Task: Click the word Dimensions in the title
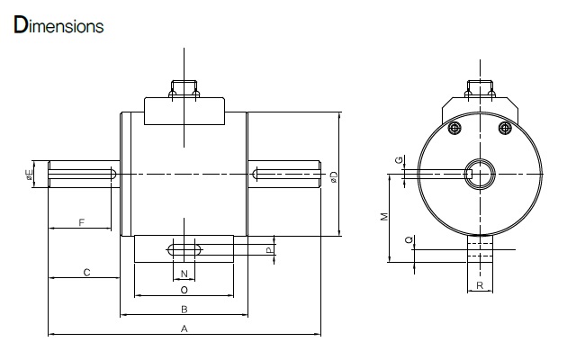tap(58, 25)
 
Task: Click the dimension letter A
tap(184, 328)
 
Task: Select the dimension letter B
tap(184, 310)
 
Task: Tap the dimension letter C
tap(86, 273)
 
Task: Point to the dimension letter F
tap(82, 222)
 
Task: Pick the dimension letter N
tap(184, 274)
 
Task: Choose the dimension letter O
tap(184, 290)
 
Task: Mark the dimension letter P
tap(269, 250)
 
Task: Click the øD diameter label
tap(334, 176)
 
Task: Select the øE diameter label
tap(29, 175)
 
